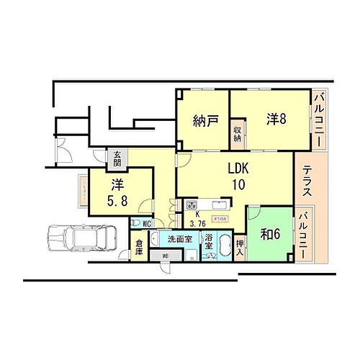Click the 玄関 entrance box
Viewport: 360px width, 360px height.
click(x=116, y=156)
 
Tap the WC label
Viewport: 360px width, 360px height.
click(x=145, y=223)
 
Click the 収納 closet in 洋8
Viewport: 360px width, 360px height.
click(x=236, y=133)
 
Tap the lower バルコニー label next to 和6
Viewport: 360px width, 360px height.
click(x=305, y=235)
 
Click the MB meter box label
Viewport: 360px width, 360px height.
click(x=165, y=256)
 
